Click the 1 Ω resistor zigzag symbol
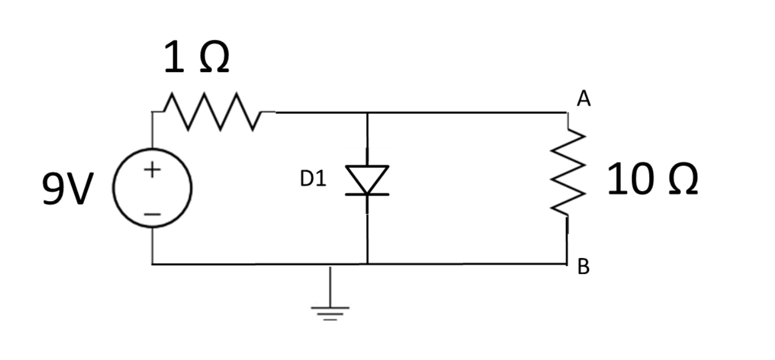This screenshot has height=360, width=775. point(213,112)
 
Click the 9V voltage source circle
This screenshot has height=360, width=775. point(152,188)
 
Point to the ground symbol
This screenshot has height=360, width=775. point(330,311)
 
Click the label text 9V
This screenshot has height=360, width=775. point(65,189)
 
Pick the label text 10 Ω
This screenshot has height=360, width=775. point(652,180)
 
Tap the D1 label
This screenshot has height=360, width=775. point(313,179)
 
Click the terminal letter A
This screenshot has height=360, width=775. point(583,99)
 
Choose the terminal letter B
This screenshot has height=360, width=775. point(583,268)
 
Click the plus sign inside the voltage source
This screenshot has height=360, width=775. point(153,169)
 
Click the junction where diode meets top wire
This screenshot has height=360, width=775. point(367,112)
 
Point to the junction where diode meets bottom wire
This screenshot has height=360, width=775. point(367,264)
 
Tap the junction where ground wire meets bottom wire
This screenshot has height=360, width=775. point(330,264)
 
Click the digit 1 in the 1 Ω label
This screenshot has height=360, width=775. point(173,59)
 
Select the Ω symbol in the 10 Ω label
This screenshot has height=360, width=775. point(679,180)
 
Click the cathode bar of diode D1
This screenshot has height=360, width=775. point(367,194)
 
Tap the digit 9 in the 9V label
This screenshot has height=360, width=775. point(53,189)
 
